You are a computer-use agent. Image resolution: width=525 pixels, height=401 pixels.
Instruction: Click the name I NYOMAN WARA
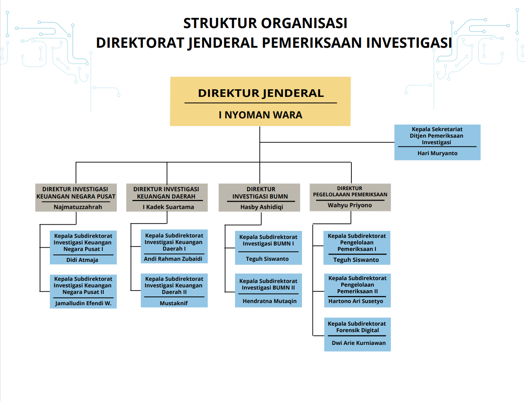tap(260, 115)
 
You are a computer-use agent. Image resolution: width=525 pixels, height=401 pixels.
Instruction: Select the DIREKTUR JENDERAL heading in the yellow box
tap(261, 93)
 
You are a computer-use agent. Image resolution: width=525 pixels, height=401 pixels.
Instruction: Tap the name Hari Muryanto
tap(437, 153)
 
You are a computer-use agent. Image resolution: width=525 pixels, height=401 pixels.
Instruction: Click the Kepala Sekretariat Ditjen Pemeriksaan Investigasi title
tap(437, 136)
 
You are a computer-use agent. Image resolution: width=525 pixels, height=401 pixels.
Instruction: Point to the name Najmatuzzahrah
tap(78, 207)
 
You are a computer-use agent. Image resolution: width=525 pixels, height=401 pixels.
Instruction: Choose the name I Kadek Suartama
tap(168, 207)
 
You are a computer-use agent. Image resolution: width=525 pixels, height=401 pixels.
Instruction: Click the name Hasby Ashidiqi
tap(262, 207)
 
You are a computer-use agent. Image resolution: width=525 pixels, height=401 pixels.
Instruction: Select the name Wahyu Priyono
tap(349, 205)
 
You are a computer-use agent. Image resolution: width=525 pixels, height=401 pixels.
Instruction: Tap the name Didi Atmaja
tap(82, 260)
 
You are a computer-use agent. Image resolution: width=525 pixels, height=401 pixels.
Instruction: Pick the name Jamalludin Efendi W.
tap(83, 303)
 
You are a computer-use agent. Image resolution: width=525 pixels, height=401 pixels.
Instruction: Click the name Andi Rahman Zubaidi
tap(173, 259)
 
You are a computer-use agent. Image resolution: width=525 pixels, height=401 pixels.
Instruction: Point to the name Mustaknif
tap(174, 303)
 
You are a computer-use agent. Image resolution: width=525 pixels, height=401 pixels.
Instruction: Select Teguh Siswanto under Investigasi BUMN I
tap(267, 259)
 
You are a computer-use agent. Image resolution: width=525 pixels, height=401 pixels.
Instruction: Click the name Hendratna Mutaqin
tap(270, 301)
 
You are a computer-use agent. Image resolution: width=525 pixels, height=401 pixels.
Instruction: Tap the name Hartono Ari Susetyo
tap(356, 301)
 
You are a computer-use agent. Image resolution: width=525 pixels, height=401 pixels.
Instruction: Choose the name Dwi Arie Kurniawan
tap(358, 343)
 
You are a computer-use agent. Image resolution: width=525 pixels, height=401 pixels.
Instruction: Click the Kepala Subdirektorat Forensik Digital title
tap(357, 327)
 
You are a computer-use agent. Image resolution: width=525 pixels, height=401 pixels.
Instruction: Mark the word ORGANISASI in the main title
tap(304, 23)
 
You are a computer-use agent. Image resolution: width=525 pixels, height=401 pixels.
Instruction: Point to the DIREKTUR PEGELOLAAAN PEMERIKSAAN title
tap(350, 191)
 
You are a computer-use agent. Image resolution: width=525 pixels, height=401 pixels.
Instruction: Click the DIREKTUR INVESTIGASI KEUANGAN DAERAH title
tap(166, 193)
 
